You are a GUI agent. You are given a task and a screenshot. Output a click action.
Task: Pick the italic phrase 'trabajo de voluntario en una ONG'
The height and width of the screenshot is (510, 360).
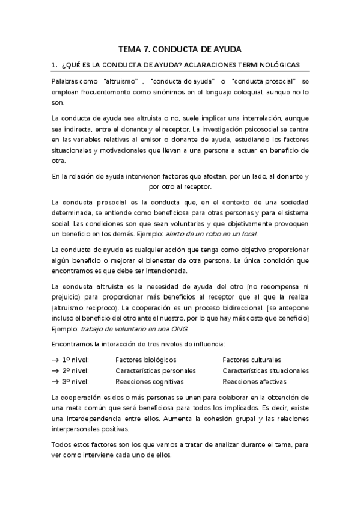[x=135, y=329]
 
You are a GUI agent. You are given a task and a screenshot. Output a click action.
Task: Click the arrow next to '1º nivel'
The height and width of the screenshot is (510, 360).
[x=55, y=360]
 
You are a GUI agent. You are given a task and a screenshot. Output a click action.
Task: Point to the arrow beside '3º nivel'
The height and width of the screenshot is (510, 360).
[x=55, y=381]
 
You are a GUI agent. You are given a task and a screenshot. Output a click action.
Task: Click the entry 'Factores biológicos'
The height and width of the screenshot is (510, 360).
[x=144, y=360]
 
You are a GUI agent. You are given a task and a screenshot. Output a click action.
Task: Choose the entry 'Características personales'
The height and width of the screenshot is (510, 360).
[x=154, y=370]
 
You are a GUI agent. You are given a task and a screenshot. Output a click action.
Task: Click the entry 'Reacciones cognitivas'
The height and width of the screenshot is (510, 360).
[x=149, y=381]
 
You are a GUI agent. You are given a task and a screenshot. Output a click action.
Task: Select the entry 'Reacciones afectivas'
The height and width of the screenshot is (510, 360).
[x=254, y=381]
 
